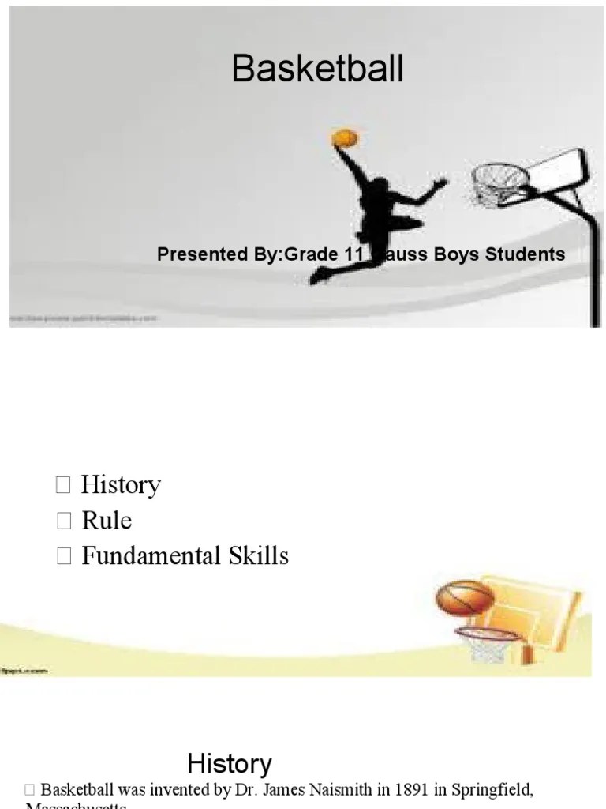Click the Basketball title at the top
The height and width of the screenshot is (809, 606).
(x=317, y=70)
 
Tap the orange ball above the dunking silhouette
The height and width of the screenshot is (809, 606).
(x=345, y=138)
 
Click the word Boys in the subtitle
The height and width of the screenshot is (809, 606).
(x=460, y=254)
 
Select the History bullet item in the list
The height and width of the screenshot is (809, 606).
(x=121, y=484)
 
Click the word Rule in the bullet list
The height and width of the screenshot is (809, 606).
(x=107, y=521)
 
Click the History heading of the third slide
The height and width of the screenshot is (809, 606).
(x=230, y=764)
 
